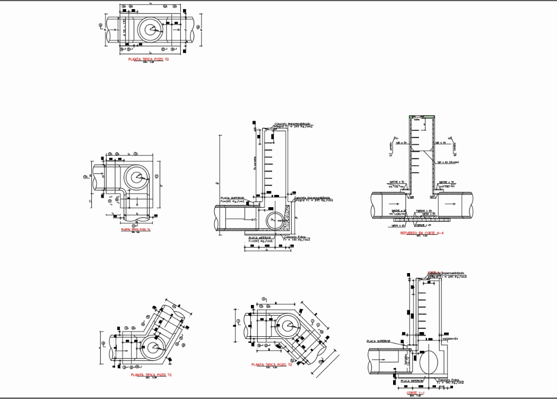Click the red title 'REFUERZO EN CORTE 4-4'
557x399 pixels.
(422, 233)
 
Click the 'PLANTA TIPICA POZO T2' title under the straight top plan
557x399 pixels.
(149, 60)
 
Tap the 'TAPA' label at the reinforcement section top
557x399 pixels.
(417, 120)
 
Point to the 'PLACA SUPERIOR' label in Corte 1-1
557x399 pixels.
(378, 341)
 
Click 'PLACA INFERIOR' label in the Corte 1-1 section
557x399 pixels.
(412, 381)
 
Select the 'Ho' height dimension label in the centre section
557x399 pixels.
(216, 183)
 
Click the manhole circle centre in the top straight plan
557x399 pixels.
(150, 30)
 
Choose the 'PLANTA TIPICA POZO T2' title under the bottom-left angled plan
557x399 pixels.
(151, 375)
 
